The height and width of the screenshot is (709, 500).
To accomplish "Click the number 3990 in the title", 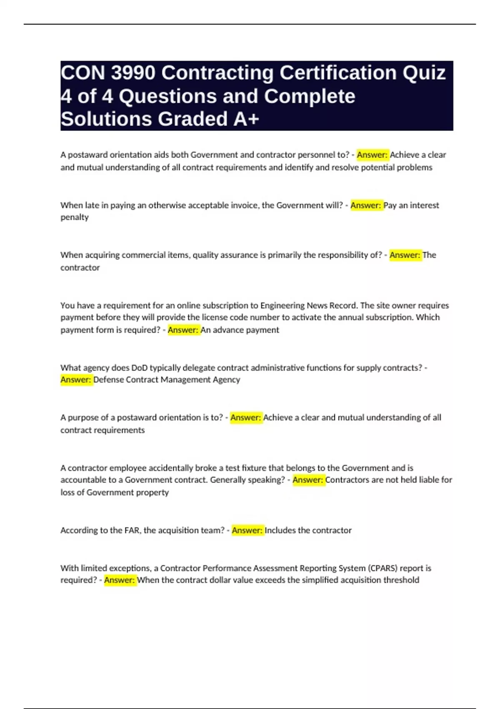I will click(133, 73).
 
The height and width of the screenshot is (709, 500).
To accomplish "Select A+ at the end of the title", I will click(246, 119).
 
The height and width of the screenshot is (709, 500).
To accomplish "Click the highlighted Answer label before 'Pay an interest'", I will click(366, 205).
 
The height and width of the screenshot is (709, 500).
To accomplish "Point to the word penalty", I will click(75, 217).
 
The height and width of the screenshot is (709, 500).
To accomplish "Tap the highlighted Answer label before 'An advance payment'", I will click(183, 330).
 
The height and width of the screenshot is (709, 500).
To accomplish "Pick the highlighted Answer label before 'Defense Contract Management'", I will click(76, 380).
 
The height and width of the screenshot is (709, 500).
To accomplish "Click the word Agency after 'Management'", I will click(227, 380).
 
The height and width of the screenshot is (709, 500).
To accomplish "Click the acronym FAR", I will click(132, 530).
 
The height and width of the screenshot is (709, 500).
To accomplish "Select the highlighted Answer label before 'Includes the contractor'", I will click(247, 530).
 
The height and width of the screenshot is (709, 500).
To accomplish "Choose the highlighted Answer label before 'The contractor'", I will click(405, 255).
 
